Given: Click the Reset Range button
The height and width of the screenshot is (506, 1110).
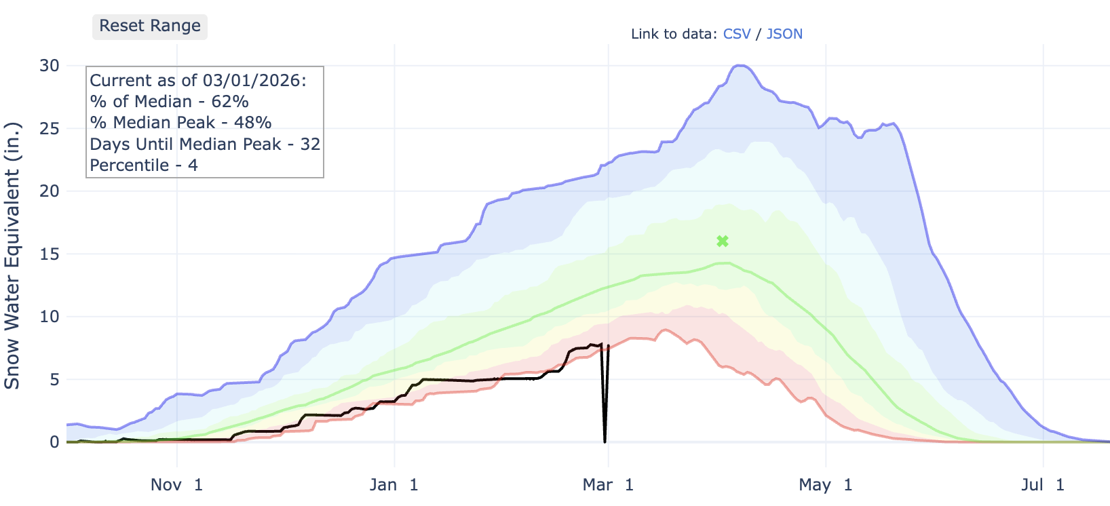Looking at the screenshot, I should tap(149, 26).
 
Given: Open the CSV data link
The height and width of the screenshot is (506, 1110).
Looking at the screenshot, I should tap(737, 34).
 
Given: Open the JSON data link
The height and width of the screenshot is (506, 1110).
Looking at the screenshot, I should tap(784, 34).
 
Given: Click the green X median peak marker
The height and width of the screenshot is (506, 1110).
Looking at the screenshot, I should tap(723, 241).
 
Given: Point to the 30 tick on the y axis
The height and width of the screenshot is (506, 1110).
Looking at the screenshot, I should tap(50, 66).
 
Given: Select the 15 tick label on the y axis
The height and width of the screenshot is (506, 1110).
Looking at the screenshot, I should tap(50, 254).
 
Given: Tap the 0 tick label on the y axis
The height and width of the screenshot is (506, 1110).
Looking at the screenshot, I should tap(54, 442).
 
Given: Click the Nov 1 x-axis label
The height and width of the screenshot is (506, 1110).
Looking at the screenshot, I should tap(176, 485).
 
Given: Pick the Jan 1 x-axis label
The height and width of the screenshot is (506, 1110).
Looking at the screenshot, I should tap(394, 485).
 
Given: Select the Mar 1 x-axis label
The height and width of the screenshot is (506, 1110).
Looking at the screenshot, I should tap(608, 485).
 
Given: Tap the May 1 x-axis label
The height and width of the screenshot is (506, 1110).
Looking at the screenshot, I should tap(825, 485).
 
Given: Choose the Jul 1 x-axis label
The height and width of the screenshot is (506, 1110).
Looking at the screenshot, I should tap(1043, 485).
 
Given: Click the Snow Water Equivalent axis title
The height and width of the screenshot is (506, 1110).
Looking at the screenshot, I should tap(12, 255).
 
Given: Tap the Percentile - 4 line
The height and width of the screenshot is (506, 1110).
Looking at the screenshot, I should tap(144, 166).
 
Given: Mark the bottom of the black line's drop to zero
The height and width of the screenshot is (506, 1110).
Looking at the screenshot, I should tap(605, 442).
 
